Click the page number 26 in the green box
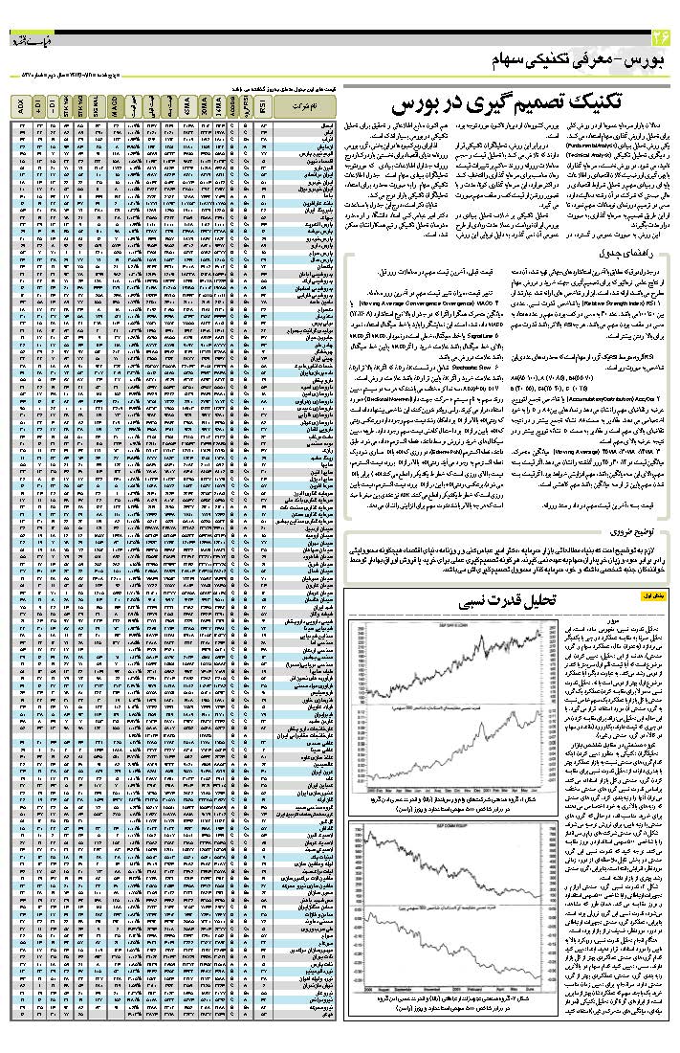pyautogui.click(x=661, y=39)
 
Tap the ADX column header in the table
pyautogui.click(x=23, y=106)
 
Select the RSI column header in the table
pyautogui.click(x=262, y=106)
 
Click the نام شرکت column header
pyautogui.click(x=304, y=106)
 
